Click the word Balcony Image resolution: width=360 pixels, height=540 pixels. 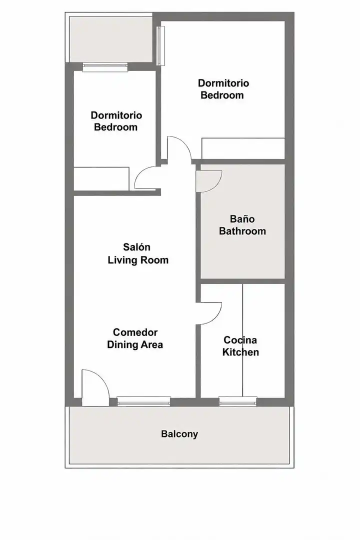pos(179,434)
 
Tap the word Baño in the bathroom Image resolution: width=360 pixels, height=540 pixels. pos(242,218)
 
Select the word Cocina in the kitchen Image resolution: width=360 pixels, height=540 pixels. pos(240,340)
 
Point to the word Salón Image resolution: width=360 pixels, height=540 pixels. pos(137,247)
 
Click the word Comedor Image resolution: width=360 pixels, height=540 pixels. pos(135,332)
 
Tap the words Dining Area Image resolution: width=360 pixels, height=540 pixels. pos(135,344)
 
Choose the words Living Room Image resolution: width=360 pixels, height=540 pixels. pos(138,259)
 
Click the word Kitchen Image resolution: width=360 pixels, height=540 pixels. pos(240,352)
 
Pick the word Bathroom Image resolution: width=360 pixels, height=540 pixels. pos(242,230)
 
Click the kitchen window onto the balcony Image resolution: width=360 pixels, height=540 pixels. pos(238,401)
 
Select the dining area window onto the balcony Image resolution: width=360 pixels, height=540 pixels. pos(143,401)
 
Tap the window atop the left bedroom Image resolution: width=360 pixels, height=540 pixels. pos(105,67)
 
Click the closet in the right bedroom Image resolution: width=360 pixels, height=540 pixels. pos(243,148)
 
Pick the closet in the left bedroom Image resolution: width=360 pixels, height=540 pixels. pos(101,178)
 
